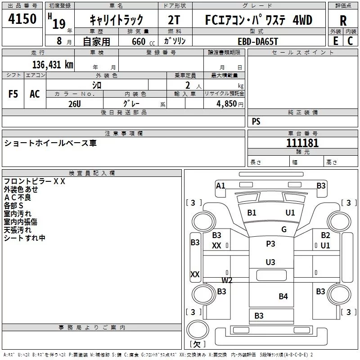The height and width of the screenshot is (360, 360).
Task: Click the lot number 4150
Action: click(x=22, y=19)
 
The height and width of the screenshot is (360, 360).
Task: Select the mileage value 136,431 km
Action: click(x=53, y=65)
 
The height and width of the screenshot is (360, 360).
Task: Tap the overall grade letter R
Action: click(x=343, y=21)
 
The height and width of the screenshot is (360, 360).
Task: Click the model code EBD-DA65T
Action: click(x=258, y=41)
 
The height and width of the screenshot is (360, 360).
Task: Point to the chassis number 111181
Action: click(x=302, y=143)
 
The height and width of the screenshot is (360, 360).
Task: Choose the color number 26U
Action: click(x=75, y=104)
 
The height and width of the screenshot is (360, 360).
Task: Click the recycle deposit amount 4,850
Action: click(x=226, y=104)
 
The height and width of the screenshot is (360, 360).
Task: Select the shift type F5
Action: click(x=13, y=94)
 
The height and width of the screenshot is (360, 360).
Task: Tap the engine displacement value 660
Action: click(x=139, y=41)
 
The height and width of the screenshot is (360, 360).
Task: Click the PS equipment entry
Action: click(x=256, y=121)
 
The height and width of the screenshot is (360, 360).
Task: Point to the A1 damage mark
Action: click(x=220, y=185)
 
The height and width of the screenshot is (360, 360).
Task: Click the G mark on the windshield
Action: click(x=284, y=229)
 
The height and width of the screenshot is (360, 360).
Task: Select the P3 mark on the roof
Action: click(x=270, y=243)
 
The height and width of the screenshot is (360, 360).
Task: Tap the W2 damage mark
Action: click(x=227, y=280)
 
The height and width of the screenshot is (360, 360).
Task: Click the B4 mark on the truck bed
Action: click(x=283, y=297)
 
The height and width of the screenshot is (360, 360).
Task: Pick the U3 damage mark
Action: click(x=270, y=262)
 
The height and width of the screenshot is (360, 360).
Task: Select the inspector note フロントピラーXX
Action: click(x=35, y=181)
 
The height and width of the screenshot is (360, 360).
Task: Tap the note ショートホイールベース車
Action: click(x=50, y=143)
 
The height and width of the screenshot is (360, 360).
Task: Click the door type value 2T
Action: click(x=174, y=20)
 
